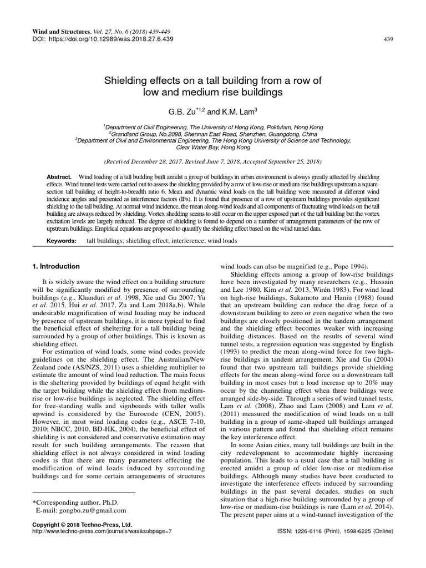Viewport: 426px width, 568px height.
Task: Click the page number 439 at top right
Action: pyautogui.click(x=388, y=39)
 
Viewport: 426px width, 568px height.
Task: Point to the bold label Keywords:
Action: pyautogui.click(x=62, y=241)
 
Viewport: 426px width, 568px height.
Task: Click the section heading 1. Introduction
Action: pyautogui.click(x=57, y=266)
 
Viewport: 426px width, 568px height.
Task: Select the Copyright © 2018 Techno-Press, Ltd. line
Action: pyautogui.click(x=82, y=524)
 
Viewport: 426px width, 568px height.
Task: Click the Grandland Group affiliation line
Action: pyautogui.click(x=213, y=134)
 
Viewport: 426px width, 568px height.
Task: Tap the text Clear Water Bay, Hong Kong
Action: pyautogui.click(x=213, y=148)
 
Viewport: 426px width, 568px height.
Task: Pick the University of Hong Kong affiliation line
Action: pyautogui.click(x=213, y=127)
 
